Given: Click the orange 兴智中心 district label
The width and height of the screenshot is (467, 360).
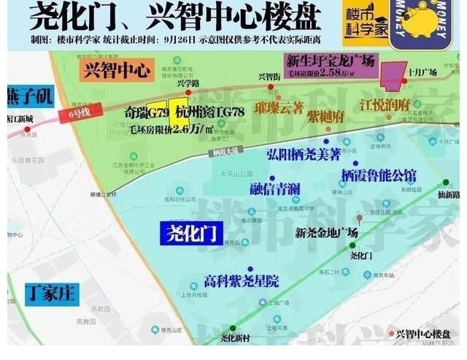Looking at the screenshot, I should tap(115, 71).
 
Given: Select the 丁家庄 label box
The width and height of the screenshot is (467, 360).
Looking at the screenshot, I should tap(49, 293).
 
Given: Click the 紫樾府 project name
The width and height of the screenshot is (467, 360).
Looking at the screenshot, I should tap(325, 115).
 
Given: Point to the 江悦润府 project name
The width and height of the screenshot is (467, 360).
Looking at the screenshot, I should tap(385, 107).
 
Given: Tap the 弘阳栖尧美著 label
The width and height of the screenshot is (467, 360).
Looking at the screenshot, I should tap(304, 155).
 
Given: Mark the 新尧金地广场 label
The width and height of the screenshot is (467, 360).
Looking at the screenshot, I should tap(326, 233).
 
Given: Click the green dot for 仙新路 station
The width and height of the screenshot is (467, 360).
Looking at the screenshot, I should tap(444, 183).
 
